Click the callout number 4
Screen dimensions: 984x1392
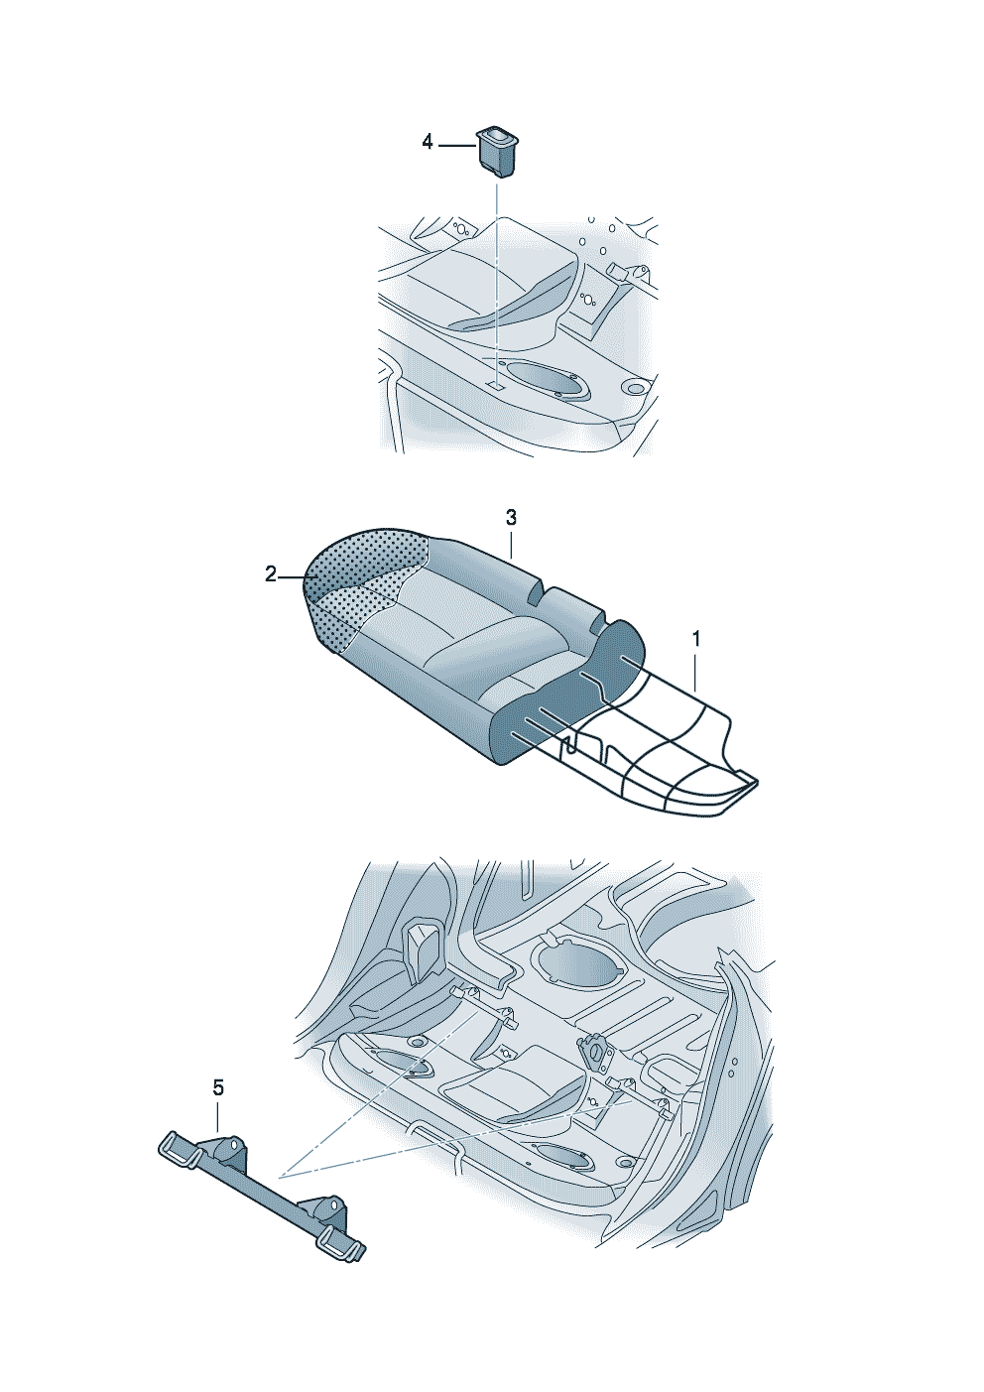point(427,143)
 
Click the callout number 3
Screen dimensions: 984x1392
point(511,518)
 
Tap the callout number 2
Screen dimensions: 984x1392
point(270,574)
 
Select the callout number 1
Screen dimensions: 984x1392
point(695,639)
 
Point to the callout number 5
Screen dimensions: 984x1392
point(217,1087)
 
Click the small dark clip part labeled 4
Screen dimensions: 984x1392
point(496,152)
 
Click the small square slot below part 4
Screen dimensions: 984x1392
point(496,385)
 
